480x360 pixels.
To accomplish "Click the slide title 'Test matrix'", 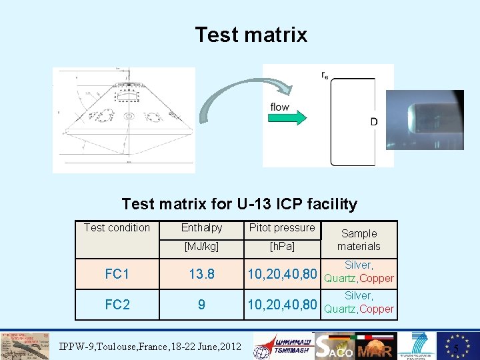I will [251, 35].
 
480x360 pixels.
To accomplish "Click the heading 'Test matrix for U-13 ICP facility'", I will [239, 204].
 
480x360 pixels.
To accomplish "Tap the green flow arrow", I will [287, 118].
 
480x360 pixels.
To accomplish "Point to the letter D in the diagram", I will [374, 122].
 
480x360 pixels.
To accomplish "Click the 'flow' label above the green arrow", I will [279, 107].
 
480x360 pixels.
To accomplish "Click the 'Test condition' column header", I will [117, 228].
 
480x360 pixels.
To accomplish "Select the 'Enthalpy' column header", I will [201, 228].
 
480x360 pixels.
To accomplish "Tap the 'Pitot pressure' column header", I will [281, 228].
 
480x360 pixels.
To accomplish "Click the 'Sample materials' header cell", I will [359, 240].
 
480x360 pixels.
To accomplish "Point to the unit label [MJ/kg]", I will [201, 247].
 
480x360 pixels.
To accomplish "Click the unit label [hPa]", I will [281, 247].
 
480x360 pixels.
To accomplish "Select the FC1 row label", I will [117, 273].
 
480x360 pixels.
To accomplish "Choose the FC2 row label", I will [117, 305].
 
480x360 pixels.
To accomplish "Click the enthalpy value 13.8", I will [201, 273].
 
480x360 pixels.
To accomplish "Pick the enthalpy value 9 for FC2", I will [201, 305].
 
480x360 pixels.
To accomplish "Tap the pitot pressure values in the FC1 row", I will [282, 274].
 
